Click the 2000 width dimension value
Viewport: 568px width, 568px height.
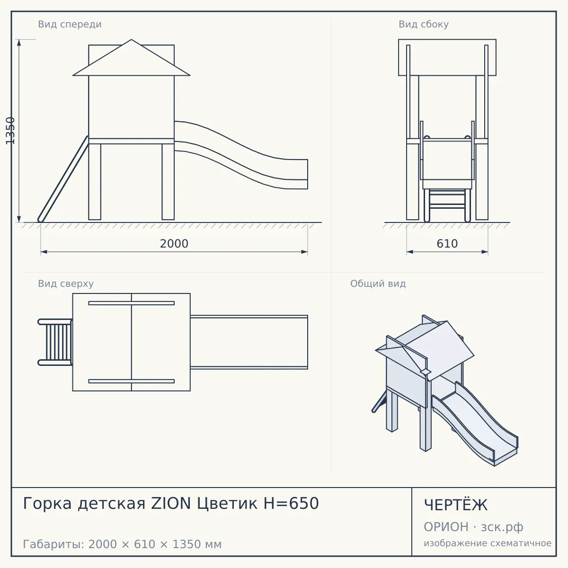tap(174, 244)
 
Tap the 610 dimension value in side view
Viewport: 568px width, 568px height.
tap(447, 244)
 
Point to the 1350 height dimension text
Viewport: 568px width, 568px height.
tap(10, 131)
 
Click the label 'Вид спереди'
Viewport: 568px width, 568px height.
tap(70, 24)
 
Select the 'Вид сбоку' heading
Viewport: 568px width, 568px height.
tap(424, 24)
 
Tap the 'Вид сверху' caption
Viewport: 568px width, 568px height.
tap(66, 284)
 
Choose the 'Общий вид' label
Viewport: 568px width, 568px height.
tap(378, 284)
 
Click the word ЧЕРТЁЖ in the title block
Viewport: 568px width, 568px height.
tap(456, 505)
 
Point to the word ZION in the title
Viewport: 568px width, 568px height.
tap(171, 503)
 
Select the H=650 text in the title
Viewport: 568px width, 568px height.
tap(291, 503)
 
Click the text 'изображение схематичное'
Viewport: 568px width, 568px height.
tap(488, 543)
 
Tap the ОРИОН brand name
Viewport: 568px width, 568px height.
tap(446, 527)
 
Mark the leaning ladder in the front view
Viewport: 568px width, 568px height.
tap(63, 179)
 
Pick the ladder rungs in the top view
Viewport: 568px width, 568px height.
tap(58, 342)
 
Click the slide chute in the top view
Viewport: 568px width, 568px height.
tap(249, 342)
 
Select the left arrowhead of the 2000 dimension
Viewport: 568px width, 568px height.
tap(44, 252)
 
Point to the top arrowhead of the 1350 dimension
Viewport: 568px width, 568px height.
tap(19, 43)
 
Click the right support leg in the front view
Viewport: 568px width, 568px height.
tap(168, 182)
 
